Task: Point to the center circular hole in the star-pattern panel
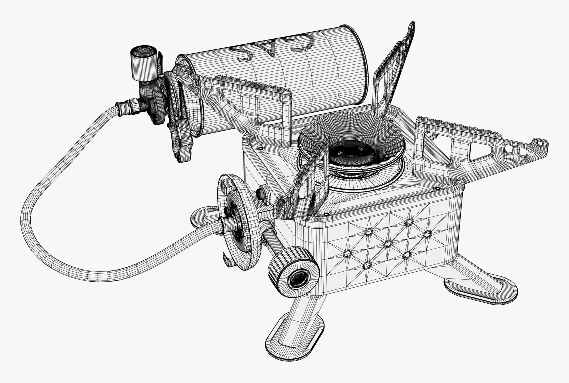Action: point(387,244)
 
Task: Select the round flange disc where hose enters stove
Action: point(238,221)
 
